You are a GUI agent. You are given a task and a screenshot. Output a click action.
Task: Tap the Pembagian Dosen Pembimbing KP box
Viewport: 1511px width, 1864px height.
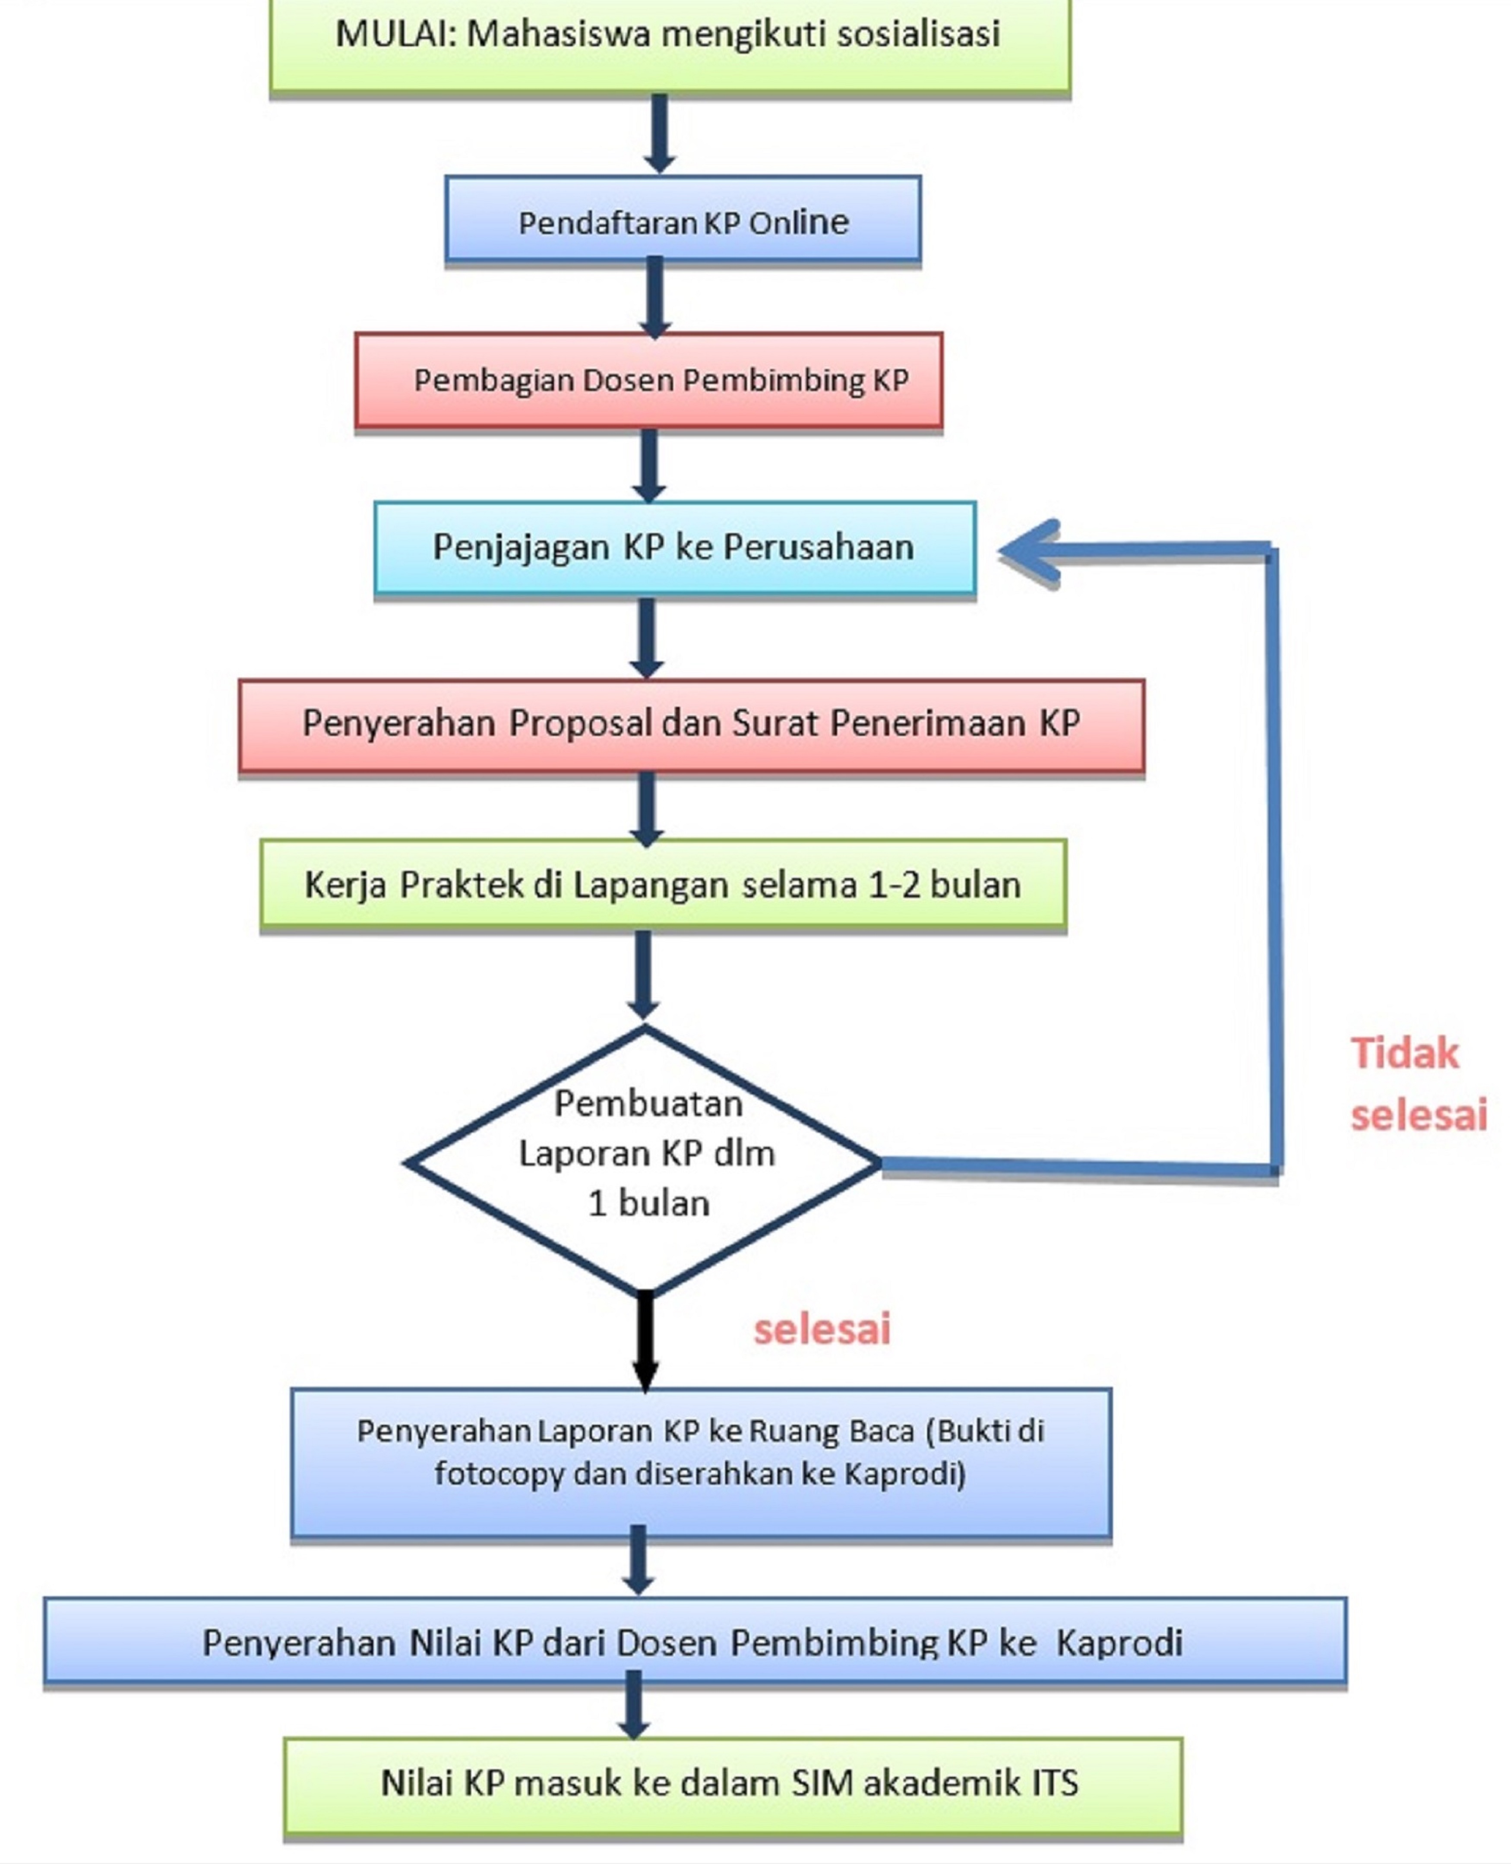click(x=648, y=380)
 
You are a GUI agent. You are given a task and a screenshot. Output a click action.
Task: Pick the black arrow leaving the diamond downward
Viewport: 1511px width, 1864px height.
click(x=645, y=1341)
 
